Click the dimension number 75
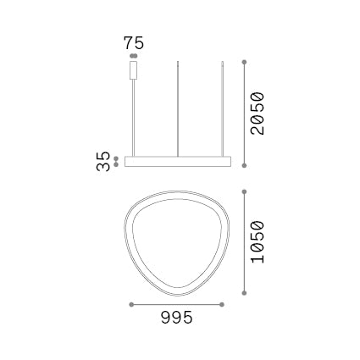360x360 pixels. pos(134,42)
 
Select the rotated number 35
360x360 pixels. pos(104,161)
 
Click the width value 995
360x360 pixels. pos(176,318)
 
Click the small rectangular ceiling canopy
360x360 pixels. pos(134,69)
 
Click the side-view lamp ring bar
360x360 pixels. pos(178,161)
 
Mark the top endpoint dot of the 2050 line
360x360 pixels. pos(244,62)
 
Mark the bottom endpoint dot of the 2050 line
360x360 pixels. pos(244,166)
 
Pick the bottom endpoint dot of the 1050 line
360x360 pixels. pos(244,293)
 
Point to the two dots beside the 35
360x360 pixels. pos(116,161)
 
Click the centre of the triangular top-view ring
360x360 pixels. pos(176,241)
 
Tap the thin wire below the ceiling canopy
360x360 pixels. pos(134,119)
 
